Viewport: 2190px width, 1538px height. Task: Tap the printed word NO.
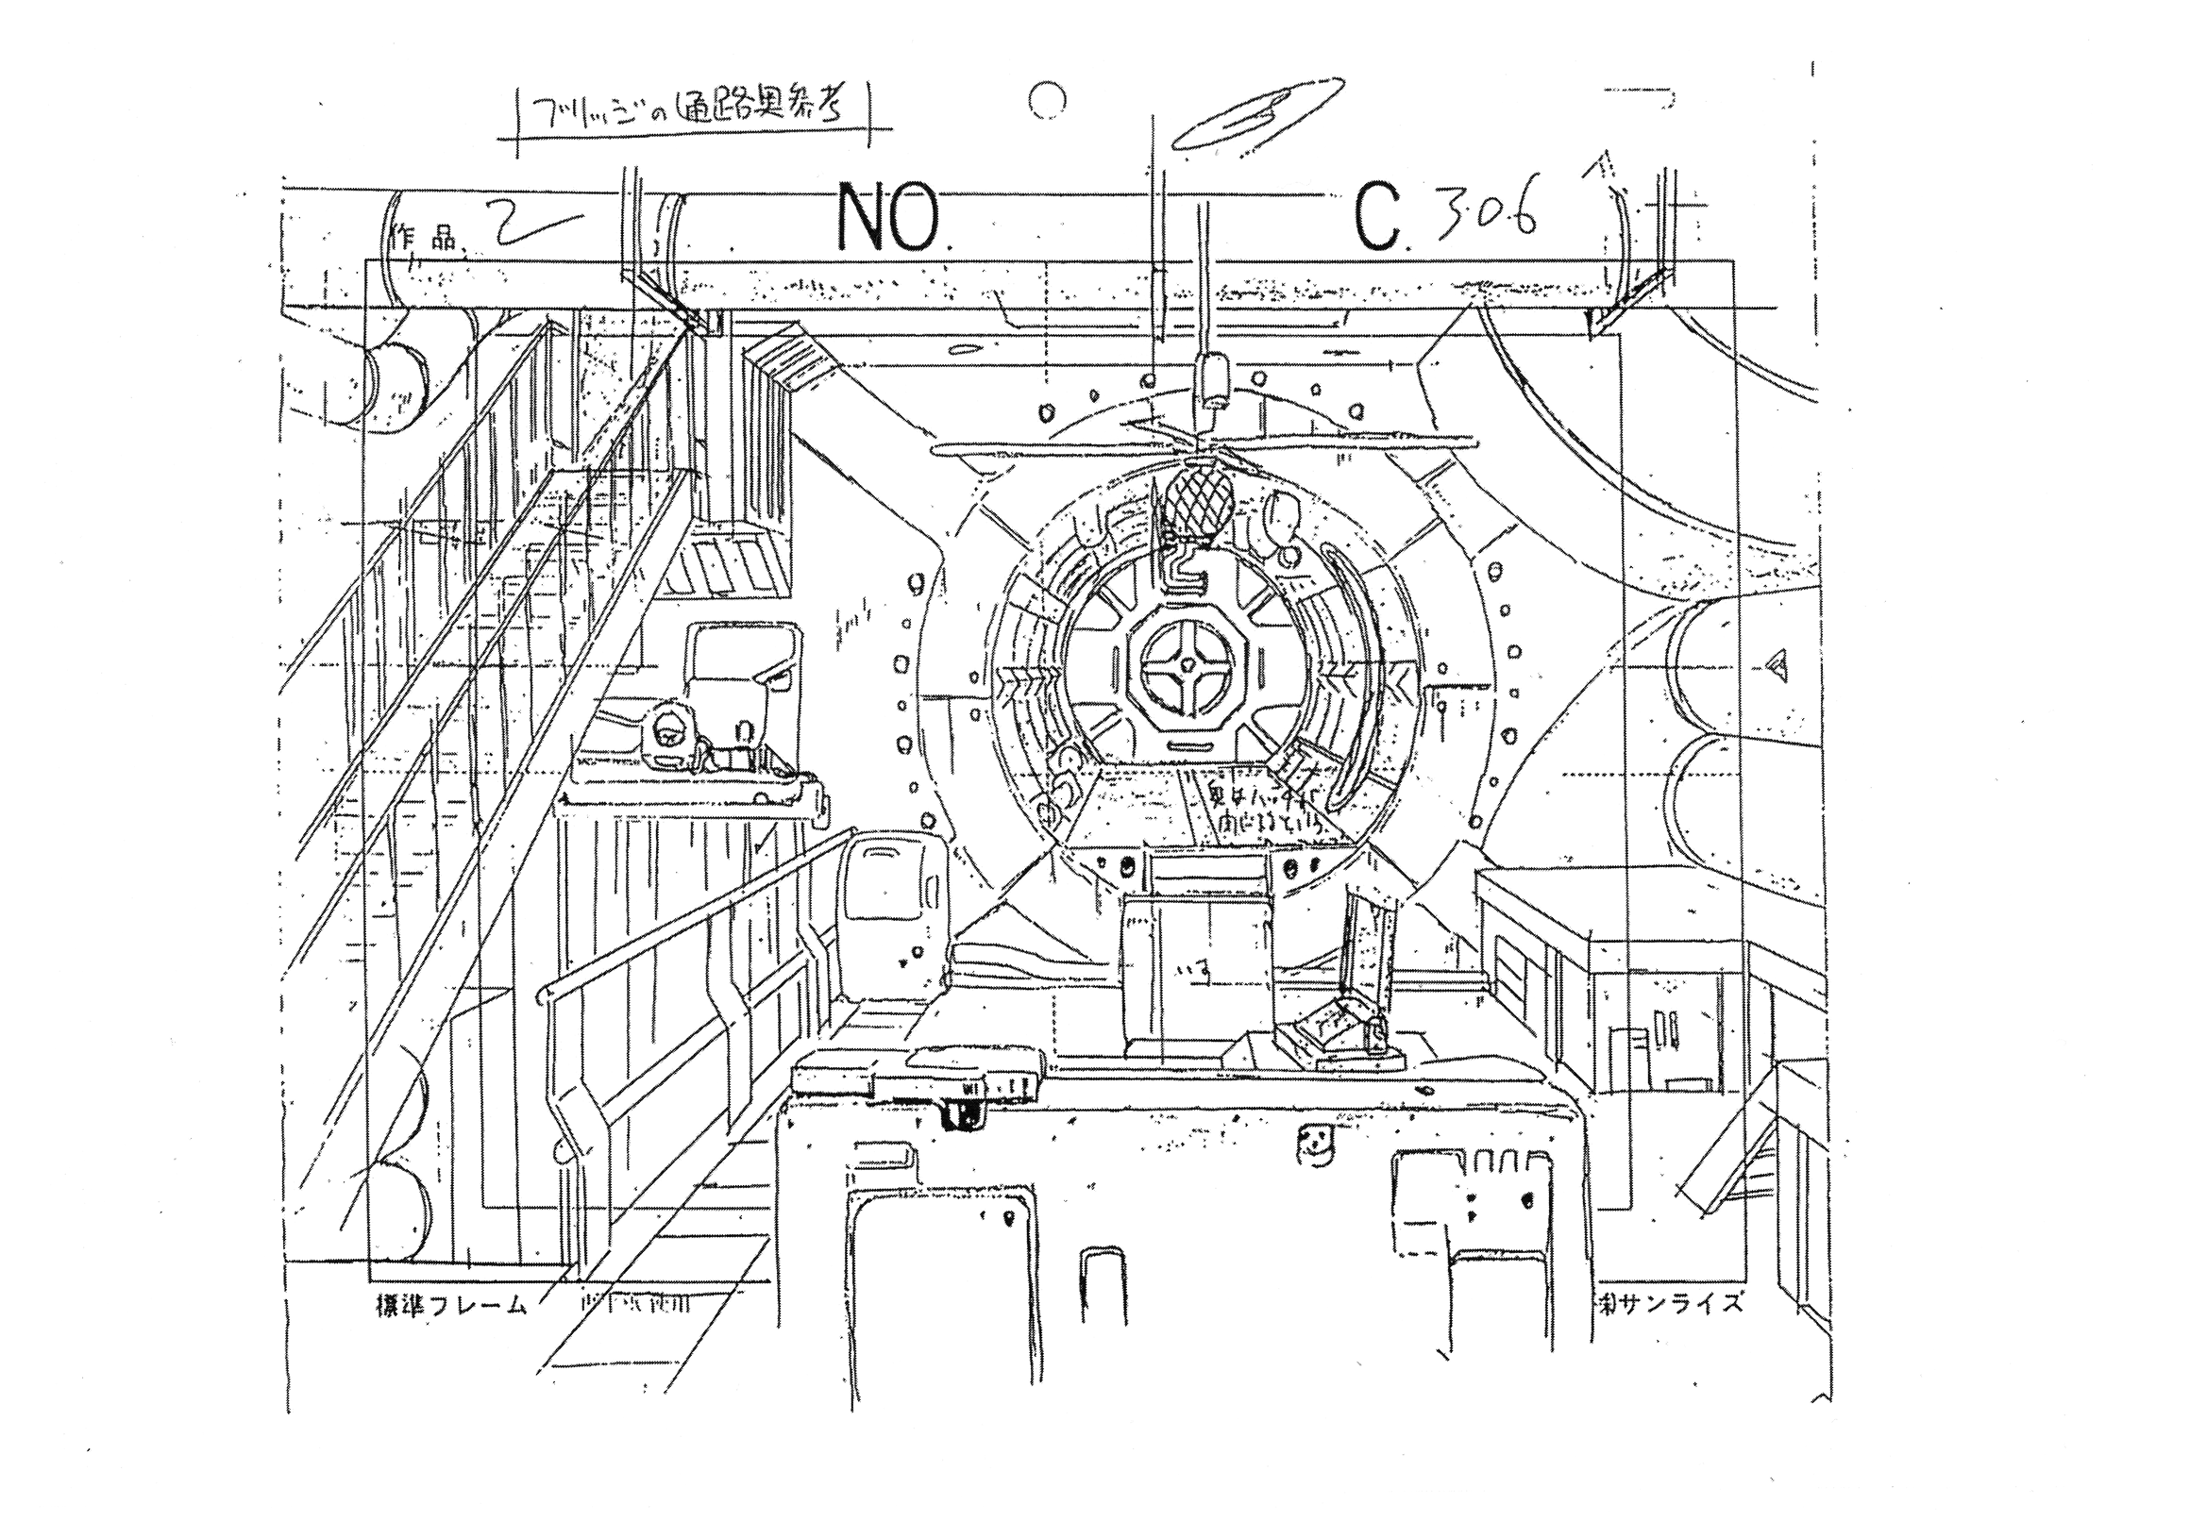(x=887, y=220)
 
